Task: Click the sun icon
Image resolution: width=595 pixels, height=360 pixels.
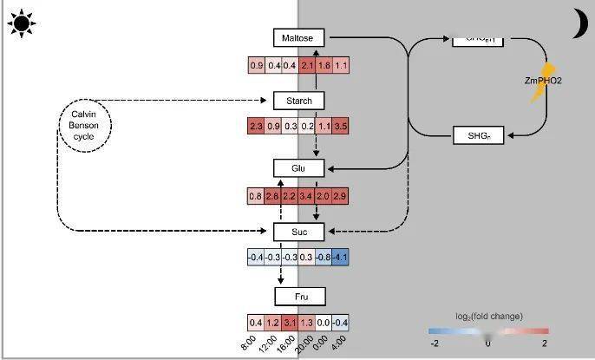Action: pyautogui.click(x=21, y=23)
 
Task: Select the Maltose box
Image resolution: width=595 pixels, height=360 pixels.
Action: pyautogui.click(x=298, y=37)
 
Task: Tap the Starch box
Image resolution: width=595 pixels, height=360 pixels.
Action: pyautogui.click(x=298, y=101)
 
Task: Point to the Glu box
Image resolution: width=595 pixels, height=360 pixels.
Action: pyautogui.click(x=298, y=167)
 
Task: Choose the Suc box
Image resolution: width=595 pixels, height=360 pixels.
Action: pyautogui.click(x=298, y=232)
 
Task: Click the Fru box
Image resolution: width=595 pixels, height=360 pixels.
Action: pyautogui.click(x=298, y=297)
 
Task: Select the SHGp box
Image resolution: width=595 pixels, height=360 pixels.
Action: pyautogui.click(x=479, y=134)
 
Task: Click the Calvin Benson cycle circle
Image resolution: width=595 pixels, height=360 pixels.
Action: pyautogui.click(x=85, y=126)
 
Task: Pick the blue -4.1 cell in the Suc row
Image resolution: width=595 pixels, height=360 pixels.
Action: pyautogui.click(x=340, y=258)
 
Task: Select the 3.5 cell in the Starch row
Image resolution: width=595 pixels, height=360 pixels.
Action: pyautogui.click(x=340, y=127)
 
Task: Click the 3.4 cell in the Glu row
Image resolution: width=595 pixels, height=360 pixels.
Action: pyautogui.click(x=306, y=196)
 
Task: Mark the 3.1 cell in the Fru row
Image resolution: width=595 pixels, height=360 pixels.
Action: pyautogui.click(x=290, y=323)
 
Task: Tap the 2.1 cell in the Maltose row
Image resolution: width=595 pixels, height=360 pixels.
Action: pyautogui.click(x=306, y=66)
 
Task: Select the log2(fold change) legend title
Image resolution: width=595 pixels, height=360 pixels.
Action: pyautogui.click(x=488, y=316)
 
